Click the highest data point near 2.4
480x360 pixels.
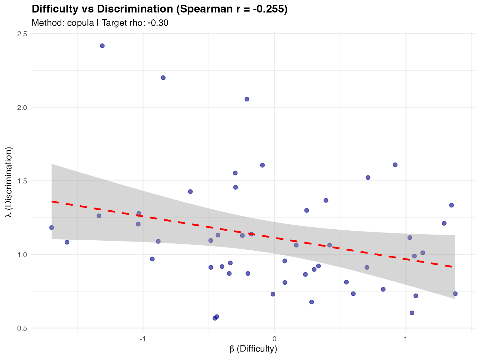(x=102, y=46)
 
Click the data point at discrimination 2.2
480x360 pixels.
(x=163, y=77)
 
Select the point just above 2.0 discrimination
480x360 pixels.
(x=247, y=99)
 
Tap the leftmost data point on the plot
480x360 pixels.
(x=52, y=227)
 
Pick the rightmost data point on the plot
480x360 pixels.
(x=455, y=293)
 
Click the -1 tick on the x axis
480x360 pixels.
(x=143, y=339)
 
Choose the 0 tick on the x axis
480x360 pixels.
(x=274, y=339)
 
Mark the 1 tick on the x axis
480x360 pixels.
(x=406, y=339)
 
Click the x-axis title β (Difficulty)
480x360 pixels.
(x=253, y=349)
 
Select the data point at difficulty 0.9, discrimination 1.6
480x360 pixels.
(x=395, y=165)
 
